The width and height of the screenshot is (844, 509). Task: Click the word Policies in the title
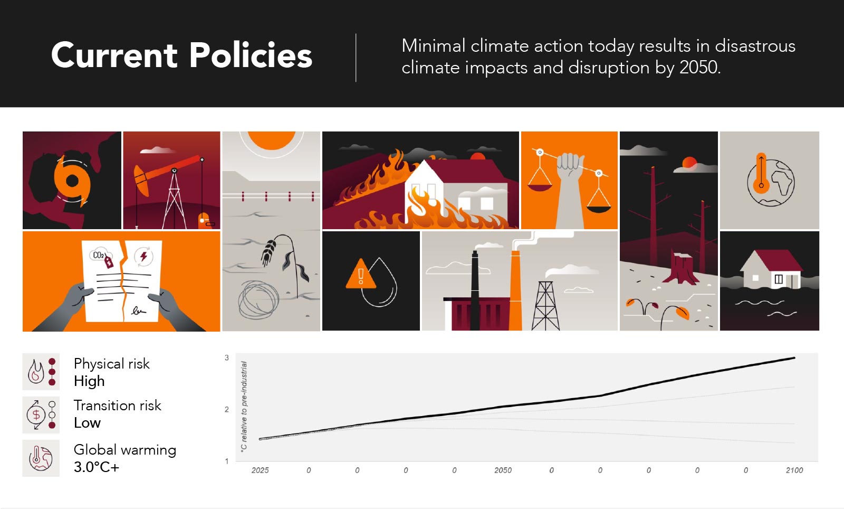pyautogui.click(x=251, y=55)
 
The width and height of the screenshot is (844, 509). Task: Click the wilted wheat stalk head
pyautogui.click(x=270, y=252)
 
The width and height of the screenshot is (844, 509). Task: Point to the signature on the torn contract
pyautogui.click(x=138, y=311)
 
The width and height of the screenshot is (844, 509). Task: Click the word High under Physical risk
pyautogui.click(x=89, y=381)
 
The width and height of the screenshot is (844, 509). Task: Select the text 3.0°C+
pyautogui.click(x=97, y=467)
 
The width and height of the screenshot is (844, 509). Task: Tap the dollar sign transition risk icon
pyautogui.click(x=36, y=415)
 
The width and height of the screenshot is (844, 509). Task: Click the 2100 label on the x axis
pyautogui.click(x=794, y=470)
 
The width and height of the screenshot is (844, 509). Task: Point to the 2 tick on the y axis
pyautogui.click(x=227, y=409)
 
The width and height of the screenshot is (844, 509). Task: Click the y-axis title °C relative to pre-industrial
pyautogui.click(x=244, y=406)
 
